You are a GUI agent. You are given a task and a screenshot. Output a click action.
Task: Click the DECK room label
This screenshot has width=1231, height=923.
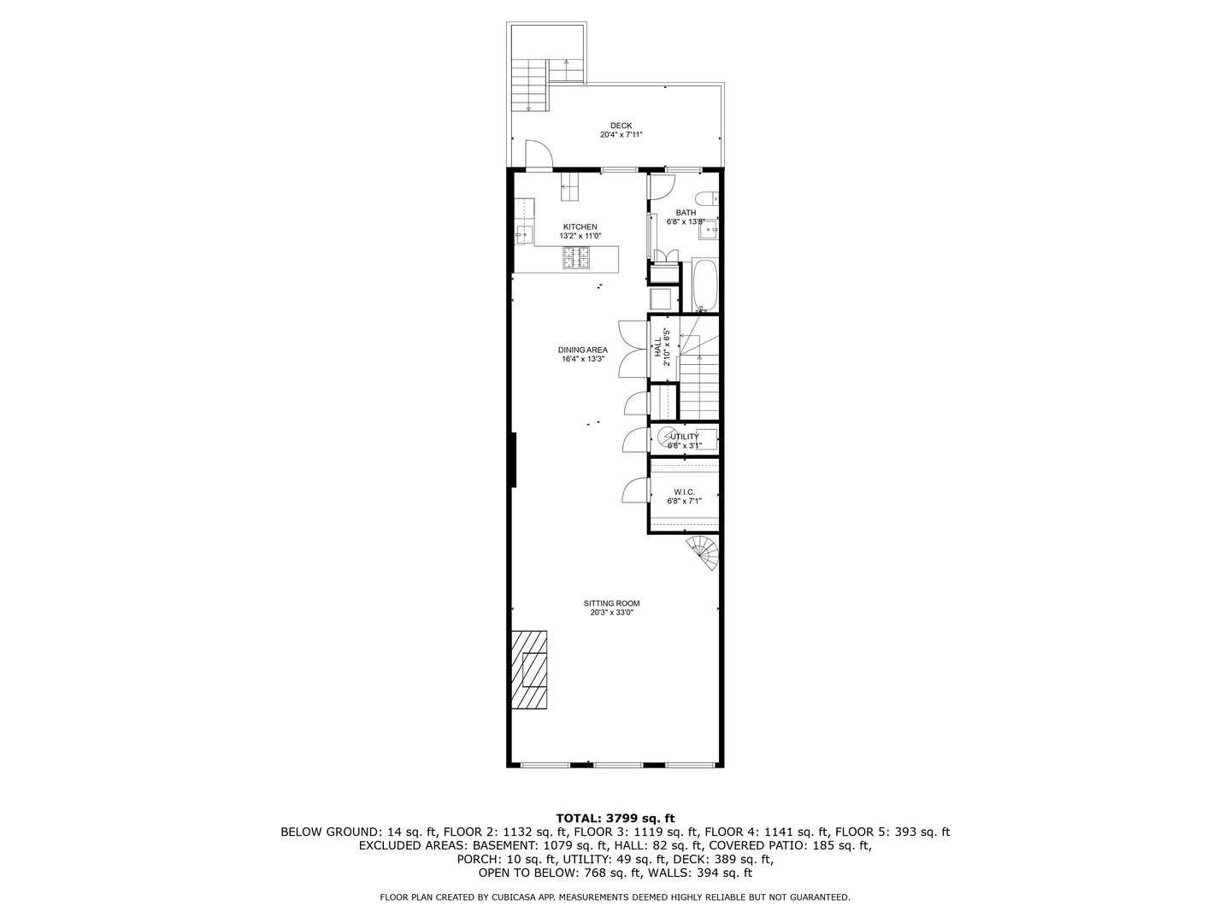tap(621, 126)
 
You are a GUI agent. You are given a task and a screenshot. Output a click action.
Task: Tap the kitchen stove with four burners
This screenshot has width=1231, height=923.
tap(576, 257)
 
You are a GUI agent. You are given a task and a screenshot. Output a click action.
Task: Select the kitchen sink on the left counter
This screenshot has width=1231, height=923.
tap(523, 233)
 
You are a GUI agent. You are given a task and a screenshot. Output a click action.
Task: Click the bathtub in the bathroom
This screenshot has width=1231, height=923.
tap(705, 285)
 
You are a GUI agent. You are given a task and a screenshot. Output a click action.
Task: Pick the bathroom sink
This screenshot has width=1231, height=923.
tap(709, 229)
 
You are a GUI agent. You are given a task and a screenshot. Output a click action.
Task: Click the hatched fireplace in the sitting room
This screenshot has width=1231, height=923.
tap(529, 671)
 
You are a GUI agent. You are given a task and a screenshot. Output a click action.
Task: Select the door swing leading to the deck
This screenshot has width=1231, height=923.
tap(539, 155)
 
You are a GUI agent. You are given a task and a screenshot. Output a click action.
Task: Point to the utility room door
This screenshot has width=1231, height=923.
tap(634, 439)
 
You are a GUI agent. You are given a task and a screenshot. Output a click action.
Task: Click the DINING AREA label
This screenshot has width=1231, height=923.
tap(582, 350)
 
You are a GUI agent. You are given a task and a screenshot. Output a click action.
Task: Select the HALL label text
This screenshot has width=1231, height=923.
tap(657, 346)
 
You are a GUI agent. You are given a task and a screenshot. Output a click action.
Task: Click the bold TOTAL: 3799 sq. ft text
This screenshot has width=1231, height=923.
tap(615, 817)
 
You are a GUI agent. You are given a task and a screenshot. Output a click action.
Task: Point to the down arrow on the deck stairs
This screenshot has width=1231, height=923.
tap(528, 108)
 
